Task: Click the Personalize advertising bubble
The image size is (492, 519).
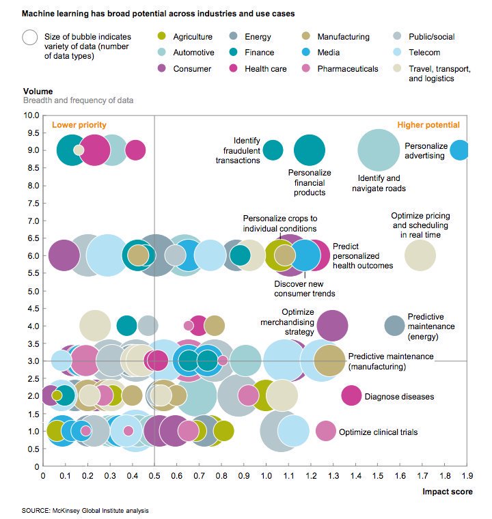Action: [x=460, y=150]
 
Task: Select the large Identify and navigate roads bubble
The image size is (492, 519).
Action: [x=379, y=151]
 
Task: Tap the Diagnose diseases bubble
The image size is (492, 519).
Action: [x=351, y=395]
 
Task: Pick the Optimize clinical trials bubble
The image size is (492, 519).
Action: [x=326, y=431]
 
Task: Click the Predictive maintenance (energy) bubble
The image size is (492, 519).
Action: [x=394, y=326]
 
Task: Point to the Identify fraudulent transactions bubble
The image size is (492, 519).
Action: [x=273, y=150]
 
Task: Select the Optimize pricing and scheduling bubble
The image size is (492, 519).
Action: [x=420, y=255]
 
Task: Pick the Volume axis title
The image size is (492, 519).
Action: [x=38, y=91]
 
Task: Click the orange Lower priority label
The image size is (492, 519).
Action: [x=79, y=125]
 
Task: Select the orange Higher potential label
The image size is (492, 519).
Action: [x=428, y=125]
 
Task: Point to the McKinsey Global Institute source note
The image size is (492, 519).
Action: [x=85, y=510]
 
